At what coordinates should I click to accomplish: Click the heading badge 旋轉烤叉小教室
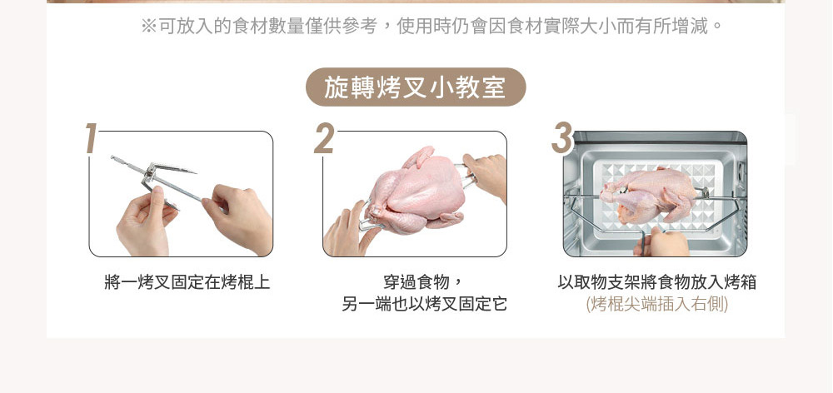[x=416, y=87]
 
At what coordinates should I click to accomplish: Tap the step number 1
[x=92, y=138]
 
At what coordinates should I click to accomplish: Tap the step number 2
[x=324, y=138]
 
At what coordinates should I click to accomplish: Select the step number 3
[x=562, y=138]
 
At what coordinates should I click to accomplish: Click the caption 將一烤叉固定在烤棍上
[x=187, y=282]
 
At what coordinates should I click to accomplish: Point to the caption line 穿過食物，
[x=423, y=282]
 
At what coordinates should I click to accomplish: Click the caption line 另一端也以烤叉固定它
[x=424, y=304]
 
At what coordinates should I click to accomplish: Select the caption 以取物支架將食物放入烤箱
[x=657, y=282]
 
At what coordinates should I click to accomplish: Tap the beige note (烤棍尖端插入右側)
[x=657, y=304]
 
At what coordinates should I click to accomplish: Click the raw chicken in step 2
[x=417, y=192]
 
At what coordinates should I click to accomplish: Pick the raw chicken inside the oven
[x=649, y=194]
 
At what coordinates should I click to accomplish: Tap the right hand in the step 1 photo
[x=239, y=218]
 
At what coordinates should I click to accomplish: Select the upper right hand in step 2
[x=486, y=174]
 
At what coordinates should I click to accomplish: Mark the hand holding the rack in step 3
[x=661, y=243]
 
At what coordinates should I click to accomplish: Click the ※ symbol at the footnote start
[x=149, y=26]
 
